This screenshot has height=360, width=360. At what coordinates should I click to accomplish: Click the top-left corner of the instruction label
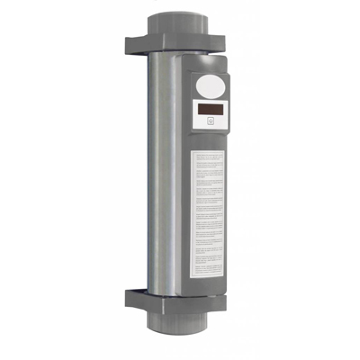click(x=193, y=150)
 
